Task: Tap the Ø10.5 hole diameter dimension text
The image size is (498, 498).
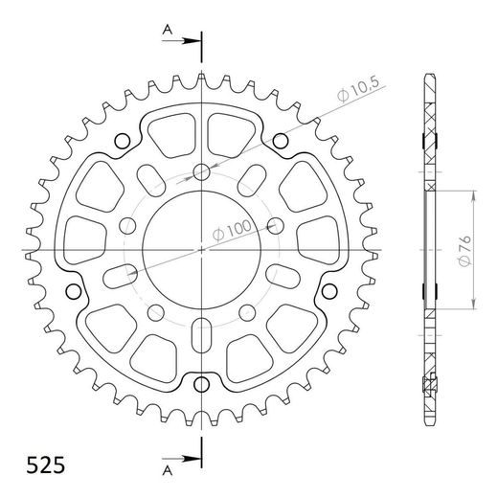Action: point(356,95)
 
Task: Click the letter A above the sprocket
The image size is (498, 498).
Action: point(166,31)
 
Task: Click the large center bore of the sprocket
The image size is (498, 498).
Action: point(201,251)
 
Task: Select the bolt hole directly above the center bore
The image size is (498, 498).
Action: point(201,173)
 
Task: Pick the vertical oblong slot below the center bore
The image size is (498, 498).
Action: point(201,338)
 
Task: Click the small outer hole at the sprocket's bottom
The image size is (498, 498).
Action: point(201,385)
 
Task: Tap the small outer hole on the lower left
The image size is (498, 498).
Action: point(75,292)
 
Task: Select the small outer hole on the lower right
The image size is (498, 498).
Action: point(328,292)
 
